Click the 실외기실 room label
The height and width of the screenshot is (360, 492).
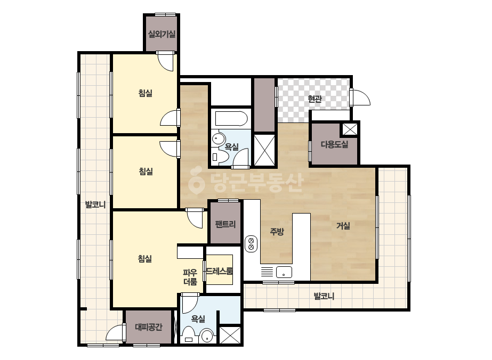click(162, 34)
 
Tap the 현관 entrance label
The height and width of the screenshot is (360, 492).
click(314, 99)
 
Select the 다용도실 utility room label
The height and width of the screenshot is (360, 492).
click(334, 144)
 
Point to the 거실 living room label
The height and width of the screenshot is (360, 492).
click(343, 225)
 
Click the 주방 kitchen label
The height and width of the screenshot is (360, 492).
click(277, 232)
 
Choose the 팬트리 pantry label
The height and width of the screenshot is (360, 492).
click(225, 224)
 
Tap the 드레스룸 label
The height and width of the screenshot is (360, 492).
click(219, 271)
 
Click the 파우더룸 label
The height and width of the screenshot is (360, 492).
click(190, 277)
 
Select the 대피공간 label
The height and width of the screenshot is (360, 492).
click(149, 328)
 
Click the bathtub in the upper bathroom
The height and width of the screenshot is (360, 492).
click(231, 119)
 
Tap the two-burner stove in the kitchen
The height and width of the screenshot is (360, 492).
click(251, 244)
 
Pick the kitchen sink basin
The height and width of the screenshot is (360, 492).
click(284, 272)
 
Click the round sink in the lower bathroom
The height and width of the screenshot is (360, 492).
click(207, 337)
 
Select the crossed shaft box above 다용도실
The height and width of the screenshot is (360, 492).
click(350, 129)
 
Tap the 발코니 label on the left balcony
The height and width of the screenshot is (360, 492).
click(95, 205)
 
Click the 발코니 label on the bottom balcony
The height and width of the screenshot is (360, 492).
click(324, 296)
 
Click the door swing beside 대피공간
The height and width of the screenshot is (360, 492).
click(115, 332)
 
